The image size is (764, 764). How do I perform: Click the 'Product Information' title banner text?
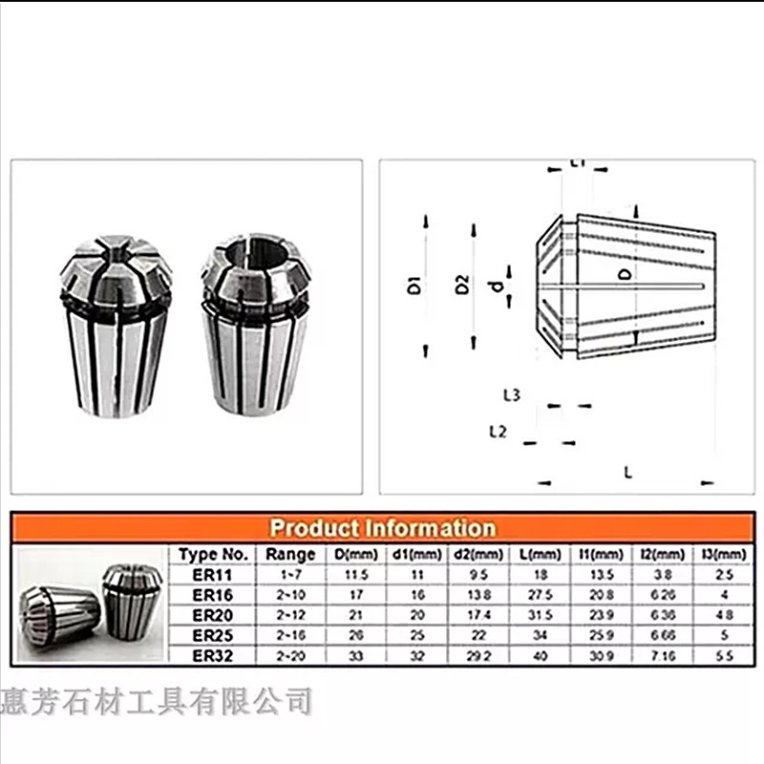tap(382, 528)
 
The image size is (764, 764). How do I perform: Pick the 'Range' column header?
tap(290, 554)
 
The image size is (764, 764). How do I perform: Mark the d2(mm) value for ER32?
tap(477, 657)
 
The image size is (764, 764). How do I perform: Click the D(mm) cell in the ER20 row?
tap(355, 616)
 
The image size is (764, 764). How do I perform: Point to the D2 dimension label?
tap(463, 285)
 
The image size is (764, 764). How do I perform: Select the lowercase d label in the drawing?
tap(494, 286)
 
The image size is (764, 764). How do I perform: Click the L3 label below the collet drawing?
tap(511, 394)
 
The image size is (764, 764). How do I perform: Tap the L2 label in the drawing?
tap(498, 432)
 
